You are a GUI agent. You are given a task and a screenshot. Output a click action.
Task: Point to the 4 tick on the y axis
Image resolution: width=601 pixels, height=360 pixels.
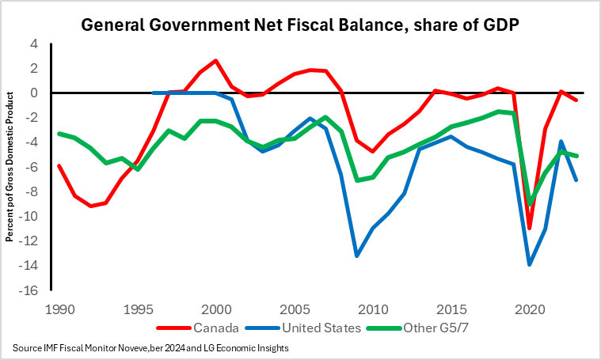point(34,44)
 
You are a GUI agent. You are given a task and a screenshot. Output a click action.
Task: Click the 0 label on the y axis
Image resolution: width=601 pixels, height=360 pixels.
point(34,93)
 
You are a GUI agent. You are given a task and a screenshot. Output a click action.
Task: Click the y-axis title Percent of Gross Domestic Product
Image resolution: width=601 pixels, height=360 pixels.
point(10,167)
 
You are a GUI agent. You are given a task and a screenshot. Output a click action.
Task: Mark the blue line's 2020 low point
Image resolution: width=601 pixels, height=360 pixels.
point(530,263)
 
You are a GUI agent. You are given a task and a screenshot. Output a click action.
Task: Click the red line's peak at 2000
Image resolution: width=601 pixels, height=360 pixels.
point(215,61)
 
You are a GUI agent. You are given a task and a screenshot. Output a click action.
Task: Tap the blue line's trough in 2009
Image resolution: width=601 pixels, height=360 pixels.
point(357,256)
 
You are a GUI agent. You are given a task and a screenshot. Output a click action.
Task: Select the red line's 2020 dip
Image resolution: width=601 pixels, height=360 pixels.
point(530,228)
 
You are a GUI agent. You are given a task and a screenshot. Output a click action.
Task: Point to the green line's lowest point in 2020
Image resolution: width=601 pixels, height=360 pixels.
point(530,204)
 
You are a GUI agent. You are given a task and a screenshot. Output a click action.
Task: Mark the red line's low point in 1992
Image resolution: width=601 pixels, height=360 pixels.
point(90,206)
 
